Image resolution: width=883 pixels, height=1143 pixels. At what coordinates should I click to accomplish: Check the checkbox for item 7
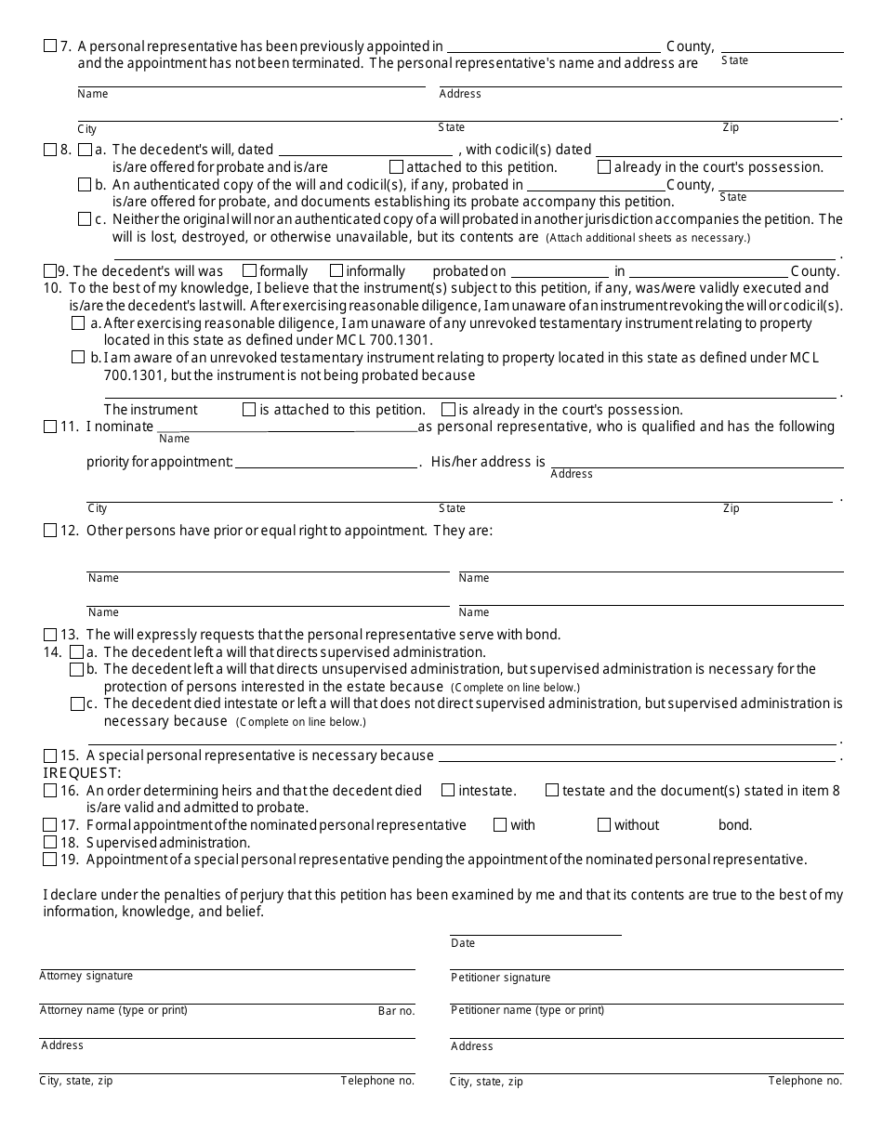pos(50,46)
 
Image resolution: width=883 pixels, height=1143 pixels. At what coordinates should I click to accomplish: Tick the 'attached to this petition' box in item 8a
pos(397,167)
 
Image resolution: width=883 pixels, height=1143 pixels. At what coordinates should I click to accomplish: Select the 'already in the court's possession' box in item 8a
pos(604,167)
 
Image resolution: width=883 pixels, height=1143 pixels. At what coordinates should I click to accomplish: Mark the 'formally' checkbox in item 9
pos(249,271)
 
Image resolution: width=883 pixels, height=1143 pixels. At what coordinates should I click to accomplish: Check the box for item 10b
pos(79,358)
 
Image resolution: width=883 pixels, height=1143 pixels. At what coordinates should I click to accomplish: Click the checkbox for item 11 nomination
pos(50,427)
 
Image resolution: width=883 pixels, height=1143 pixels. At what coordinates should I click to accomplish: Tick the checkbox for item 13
pos(50,635)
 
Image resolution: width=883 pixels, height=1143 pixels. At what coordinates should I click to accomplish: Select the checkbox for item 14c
pos(77,704)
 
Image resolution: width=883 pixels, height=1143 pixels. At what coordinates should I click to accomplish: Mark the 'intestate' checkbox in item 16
pos(448,791)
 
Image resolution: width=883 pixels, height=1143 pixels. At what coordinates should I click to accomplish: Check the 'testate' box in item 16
pos(552,791)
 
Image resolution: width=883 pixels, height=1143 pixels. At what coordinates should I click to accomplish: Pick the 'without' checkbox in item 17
pos(604,825)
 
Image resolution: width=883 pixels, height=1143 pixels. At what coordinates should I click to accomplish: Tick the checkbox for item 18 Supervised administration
pos(50,843)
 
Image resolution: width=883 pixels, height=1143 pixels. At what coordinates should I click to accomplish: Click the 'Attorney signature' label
pos(86,977)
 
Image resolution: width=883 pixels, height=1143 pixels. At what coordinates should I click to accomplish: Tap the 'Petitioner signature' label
pos(500,978)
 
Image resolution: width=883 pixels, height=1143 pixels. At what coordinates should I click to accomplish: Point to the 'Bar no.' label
pos(396,1011)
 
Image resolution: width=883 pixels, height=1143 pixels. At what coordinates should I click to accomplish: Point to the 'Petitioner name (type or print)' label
pos(527,1010)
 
